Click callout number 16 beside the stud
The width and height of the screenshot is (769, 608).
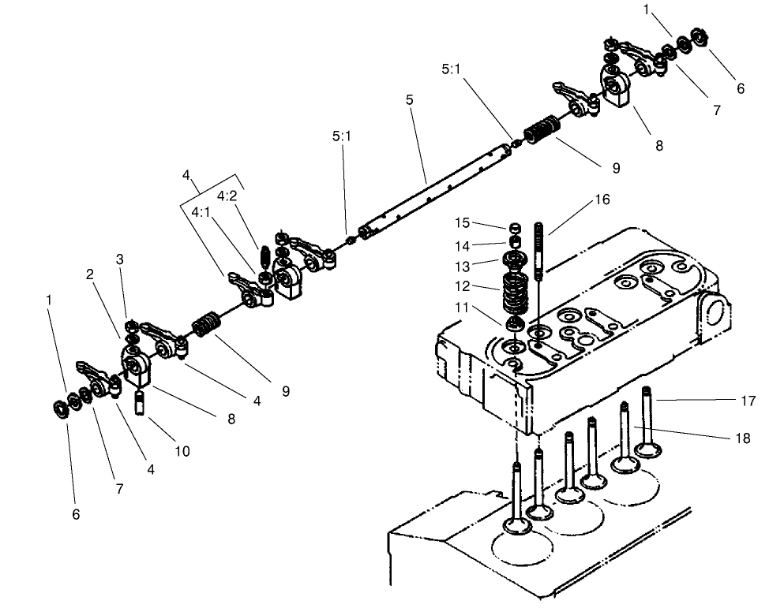pyautogui.click(x=602, y=200)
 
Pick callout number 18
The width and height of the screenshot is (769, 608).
pyautogui.click(x=742, y=438)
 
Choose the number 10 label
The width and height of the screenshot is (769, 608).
pyautogui.click(x=182, y=452)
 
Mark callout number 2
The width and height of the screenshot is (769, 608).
pyautogui.click(x=91, y=274)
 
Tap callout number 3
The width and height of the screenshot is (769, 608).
pyautogui.click(x=120, y=259)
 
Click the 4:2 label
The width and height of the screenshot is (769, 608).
pyautogui.click(x=227, y=196)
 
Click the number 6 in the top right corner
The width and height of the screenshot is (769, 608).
pyautogui.click(x=741, y=88)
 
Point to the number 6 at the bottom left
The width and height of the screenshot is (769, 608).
pyautogui.click(x=76, y=513)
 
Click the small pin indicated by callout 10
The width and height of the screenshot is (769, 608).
pyautogui.click(x=142, y=401)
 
